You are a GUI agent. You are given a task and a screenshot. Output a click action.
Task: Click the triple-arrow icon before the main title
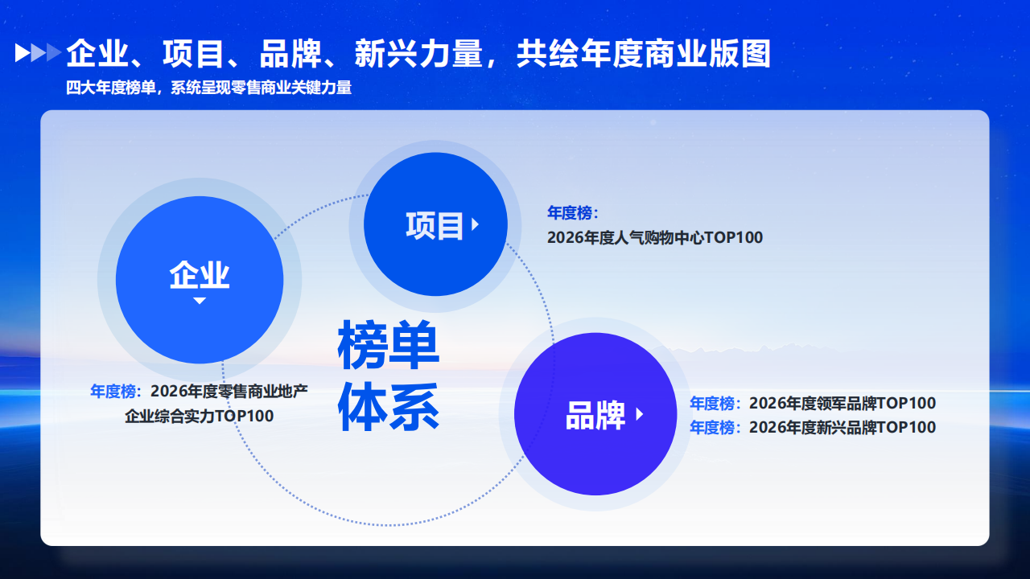tap(38, 52)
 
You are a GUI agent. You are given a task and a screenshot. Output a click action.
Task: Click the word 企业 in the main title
tap(97, 54)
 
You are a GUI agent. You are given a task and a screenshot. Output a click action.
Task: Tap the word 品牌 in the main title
tap(290, 54)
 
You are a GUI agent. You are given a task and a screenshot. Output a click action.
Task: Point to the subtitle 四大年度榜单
tap(111, 88)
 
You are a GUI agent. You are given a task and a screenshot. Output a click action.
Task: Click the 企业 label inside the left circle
tap(199, 275)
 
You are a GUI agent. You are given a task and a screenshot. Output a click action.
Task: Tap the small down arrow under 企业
tap(199, 301)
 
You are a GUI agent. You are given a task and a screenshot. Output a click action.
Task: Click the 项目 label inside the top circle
tap(435, 225)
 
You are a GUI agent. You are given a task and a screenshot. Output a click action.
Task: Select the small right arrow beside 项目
tap(476, 224)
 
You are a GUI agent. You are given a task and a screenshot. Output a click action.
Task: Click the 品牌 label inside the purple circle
tap(595, 415)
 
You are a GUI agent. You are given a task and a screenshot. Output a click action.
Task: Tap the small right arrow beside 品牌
tap(639, 414)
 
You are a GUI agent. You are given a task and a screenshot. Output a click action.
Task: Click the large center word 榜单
tap(389, 345)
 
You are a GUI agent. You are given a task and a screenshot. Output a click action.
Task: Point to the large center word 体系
tap(389, 407)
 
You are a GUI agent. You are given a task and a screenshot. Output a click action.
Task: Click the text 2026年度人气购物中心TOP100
tap(655, 237)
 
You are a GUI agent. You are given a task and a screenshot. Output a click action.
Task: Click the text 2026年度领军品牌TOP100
tap(843, 403)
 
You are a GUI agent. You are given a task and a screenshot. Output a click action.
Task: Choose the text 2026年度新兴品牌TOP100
tap(843, 427)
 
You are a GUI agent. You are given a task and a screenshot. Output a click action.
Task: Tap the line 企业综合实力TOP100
tap(199, 416)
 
